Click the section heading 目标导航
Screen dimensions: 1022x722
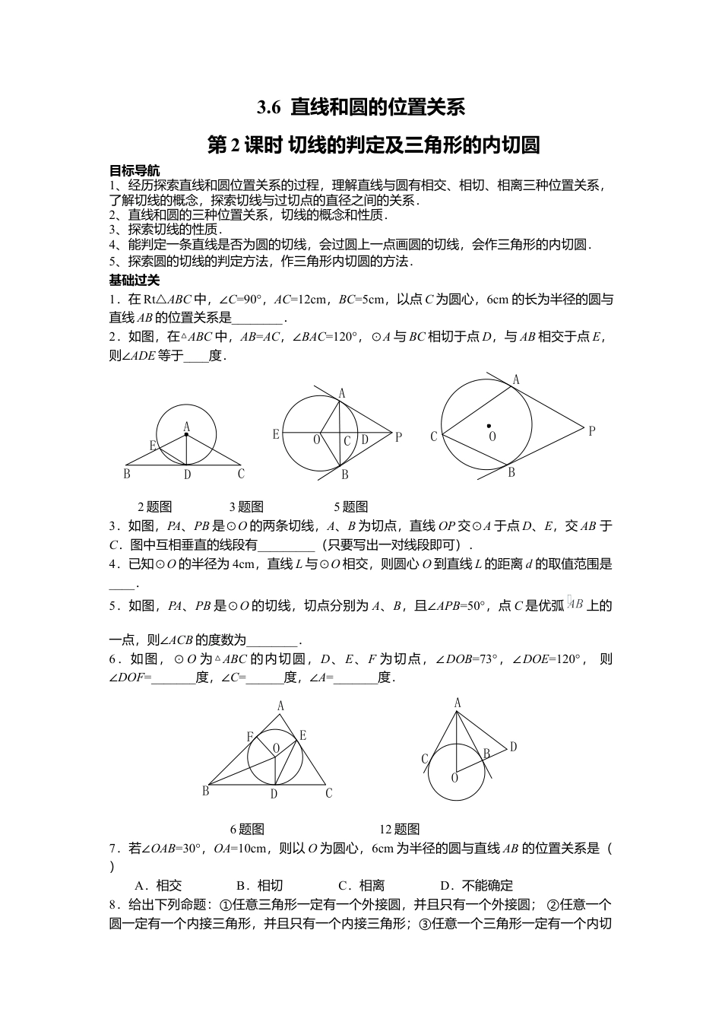point(135,170)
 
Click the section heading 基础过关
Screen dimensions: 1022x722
point(135,280)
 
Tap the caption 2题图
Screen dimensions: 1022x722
point(154,506)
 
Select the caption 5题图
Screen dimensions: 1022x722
point(350,506)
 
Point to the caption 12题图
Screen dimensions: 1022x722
point(399,829)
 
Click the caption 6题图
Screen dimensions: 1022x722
point(247,829)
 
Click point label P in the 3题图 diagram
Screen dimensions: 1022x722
point(398,436)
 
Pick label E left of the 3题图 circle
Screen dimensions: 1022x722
point(276,435)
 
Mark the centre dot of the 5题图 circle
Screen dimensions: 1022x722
point(489,426)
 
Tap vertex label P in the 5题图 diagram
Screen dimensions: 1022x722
point(591,431)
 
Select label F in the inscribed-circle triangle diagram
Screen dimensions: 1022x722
point(250,737)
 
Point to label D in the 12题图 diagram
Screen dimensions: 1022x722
point(513,747)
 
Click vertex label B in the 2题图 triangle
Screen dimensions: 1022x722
point(126,474)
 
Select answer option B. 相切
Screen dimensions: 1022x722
point(259,885)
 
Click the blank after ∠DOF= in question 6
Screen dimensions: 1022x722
point(174,678)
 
